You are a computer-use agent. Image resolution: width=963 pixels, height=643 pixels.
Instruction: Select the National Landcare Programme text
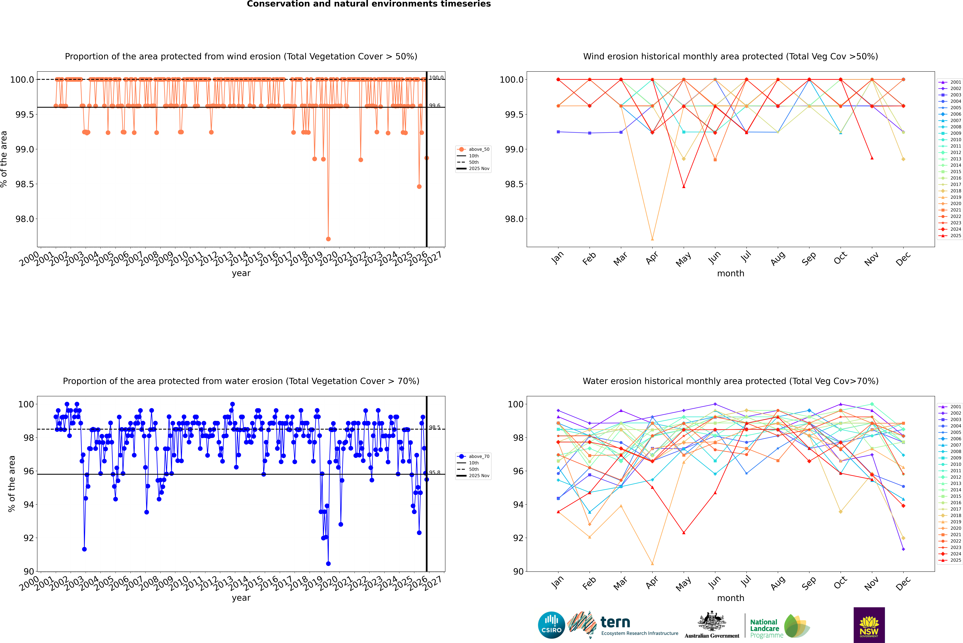[x=764, y=629]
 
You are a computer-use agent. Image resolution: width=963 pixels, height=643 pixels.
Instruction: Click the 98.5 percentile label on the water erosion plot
[x=434, y=427]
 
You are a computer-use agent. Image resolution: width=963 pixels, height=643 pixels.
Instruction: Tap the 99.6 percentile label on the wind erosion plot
[x=434, y=105]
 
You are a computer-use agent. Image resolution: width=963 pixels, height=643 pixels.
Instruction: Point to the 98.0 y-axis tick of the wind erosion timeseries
[x=25, y=219]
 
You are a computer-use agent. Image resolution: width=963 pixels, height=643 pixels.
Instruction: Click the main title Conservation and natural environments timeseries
[x=369, y=4]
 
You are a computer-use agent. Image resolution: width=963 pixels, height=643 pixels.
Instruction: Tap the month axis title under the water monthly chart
[x=730, y=598]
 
